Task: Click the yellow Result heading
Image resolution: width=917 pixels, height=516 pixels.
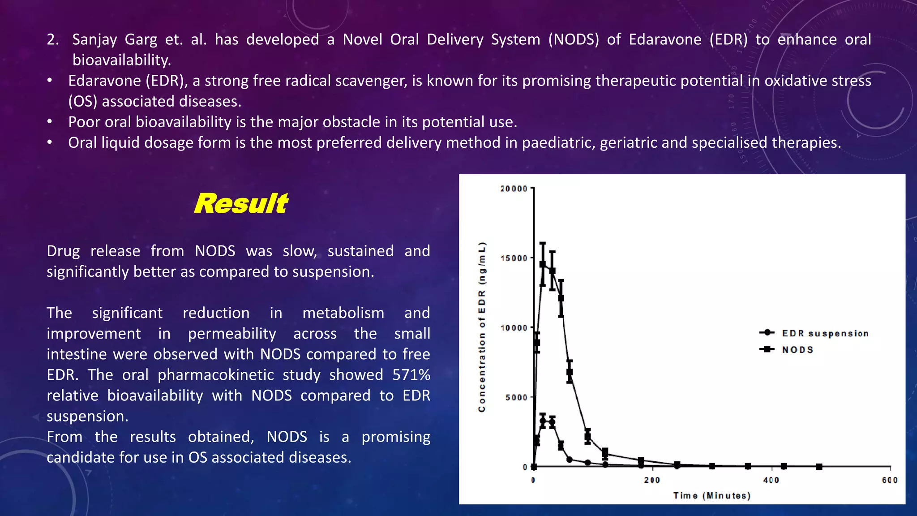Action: pos(241,204)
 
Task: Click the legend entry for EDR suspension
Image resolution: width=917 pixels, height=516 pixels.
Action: pos(825,333)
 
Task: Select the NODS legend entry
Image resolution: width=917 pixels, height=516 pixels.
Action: pos(797,350)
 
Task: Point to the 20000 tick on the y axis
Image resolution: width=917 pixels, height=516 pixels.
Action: pos(514,189)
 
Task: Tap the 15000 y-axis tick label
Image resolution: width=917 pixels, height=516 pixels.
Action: pos(514,258)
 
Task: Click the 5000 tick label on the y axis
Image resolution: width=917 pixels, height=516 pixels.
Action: pos(516,398)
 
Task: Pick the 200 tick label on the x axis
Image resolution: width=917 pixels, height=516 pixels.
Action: pos(652,480)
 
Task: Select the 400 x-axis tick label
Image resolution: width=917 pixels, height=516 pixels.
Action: pos(771,480)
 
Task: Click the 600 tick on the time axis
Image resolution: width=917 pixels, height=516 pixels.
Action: pos(890,480)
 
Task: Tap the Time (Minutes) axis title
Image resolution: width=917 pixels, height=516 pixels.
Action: pos(711,495)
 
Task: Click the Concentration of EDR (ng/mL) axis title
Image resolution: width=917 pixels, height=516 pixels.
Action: pos(482,327)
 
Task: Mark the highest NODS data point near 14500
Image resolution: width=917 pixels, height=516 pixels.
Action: pos(543,264)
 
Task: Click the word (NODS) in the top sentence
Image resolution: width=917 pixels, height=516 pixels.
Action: pos(573,40)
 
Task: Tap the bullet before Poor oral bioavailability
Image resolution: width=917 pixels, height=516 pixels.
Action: pos(50,122)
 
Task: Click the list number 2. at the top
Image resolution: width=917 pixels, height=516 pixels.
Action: pos(53,40)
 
